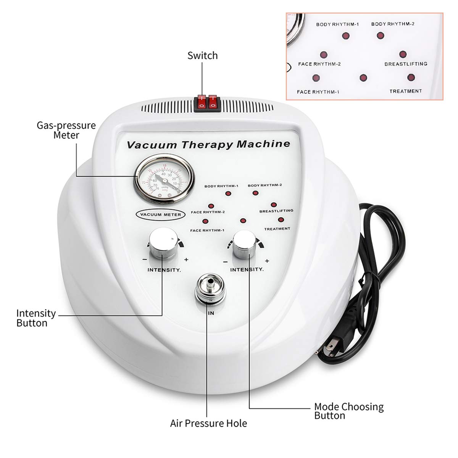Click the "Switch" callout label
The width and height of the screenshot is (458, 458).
202,56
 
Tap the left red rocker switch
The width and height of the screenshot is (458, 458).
201,103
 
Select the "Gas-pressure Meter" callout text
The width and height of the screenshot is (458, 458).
66,130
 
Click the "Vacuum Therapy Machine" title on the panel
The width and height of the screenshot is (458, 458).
208,145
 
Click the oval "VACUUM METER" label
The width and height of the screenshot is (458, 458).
161,214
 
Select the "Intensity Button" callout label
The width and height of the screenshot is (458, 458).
35,318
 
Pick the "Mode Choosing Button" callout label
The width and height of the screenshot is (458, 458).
348,411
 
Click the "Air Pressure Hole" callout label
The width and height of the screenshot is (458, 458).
208,423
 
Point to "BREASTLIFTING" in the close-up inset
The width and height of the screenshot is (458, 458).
405,64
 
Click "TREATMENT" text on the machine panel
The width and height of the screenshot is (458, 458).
277,229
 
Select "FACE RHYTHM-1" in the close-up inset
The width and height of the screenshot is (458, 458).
318,92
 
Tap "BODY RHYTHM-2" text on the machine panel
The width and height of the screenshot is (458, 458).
264,185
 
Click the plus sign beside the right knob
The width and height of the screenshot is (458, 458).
267,261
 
